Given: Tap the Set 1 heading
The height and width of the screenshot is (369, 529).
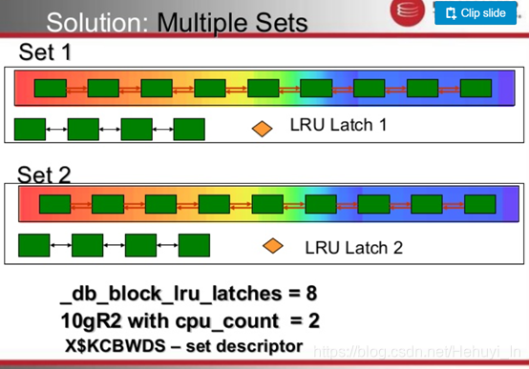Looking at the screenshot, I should coord(44,53).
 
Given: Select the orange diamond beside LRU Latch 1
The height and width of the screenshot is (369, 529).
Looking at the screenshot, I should coord(260,126).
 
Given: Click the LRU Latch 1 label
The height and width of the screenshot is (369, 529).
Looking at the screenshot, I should coord(338,125).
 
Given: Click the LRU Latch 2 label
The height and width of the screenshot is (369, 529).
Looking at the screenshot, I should coord(353,247).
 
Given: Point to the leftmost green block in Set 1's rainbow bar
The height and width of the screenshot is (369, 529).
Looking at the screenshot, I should coord(51,89).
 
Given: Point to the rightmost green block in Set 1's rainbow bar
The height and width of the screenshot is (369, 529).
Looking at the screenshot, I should coord(476,90).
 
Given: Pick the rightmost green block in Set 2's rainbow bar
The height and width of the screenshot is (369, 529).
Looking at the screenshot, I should coord(480,204).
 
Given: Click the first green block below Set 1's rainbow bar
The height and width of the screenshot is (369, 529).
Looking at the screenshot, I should coord(31,128).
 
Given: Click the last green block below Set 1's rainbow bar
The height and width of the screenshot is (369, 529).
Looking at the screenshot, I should coord(189,128).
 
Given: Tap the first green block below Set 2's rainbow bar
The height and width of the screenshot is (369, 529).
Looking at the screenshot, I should coord(34,246).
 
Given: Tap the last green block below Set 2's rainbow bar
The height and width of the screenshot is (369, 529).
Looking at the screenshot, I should coord(193,246).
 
